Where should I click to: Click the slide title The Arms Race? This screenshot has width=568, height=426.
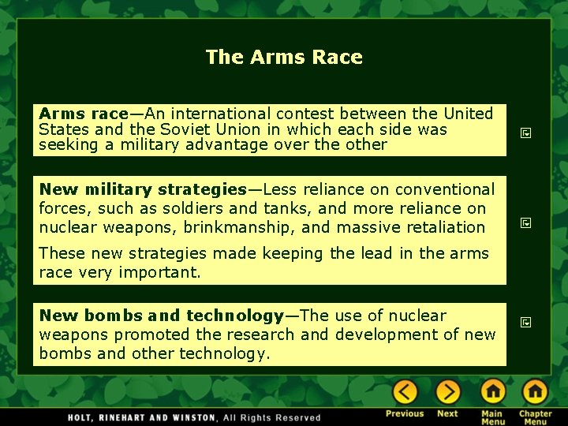point(284,57)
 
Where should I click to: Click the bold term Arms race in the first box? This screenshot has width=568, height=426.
point(83,114)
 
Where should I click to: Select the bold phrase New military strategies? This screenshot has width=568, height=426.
point(143,189)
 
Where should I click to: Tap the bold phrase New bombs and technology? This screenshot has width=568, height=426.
point(161,316)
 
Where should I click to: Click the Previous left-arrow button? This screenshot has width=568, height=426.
point(405,392)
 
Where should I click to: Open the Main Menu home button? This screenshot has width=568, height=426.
point(492,392)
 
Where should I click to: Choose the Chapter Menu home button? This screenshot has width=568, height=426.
point(535,392)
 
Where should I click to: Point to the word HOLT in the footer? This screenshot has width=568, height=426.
point(81,417)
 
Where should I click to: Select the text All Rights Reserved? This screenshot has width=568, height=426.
point(272,417)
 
